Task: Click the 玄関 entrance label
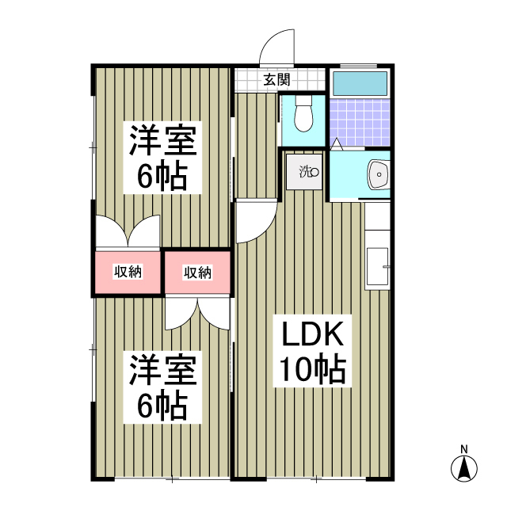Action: (x=276, y=79)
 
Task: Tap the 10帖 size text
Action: (x=312, y=368)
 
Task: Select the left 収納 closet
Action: (x=128, y=272)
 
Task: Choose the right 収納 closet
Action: (x=197, y=273)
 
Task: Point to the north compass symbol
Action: (x=464, y=469)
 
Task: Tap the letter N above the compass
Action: (x=465, y=448)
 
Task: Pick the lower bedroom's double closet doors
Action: (x=198, y=312)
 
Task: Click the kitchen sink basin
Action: (x=377, y=267)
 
